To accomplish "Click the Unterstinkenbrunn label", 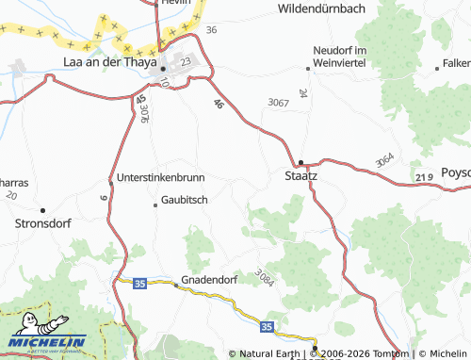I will tap(160, 177).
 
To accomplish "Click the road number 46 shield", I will tap(219, 104).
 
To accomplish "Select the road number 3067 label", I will tap(278, 102).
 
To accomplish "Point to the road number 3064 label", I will tap(383, 160).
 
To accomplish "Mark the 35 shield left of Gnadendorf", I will tap(139, 282).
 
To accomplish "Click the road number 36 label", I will tap(211, 30).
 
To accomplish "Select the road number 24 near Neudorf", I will tap(302, 93).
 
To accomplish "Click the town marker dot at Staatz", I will tap(301, 161).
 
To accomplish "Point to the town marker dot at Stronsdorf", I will tap(42, 210).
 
